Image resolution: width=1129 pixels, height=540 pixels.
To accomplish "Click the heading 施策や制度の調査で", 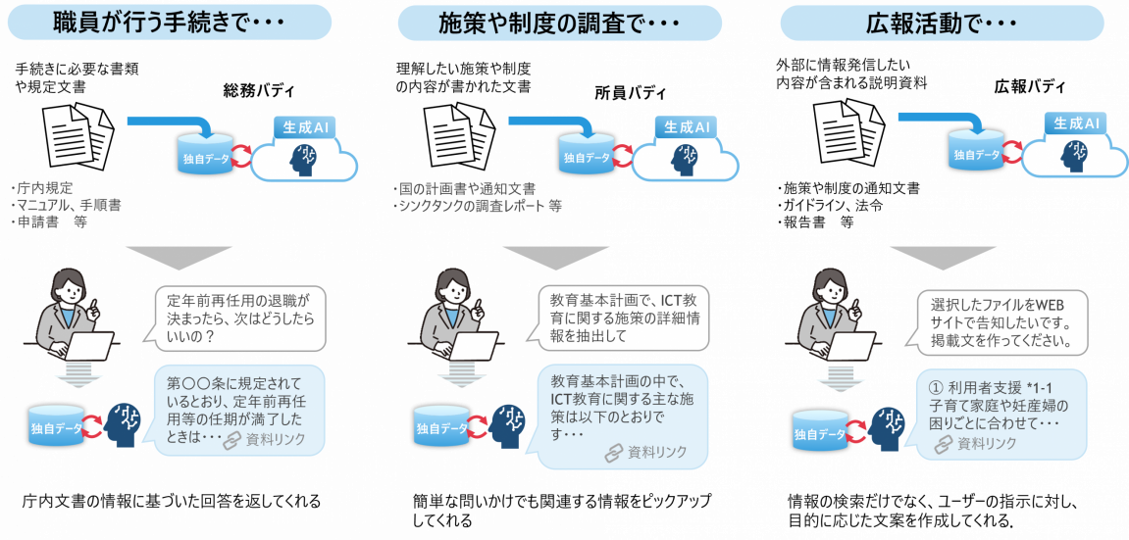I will [559, 23].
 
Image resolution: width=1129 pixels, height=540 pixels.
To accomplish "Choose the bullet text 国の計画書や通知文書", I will [461, 188].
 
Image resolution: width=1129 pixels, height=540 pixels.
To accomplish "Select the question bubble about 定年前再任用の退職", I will [238, 319].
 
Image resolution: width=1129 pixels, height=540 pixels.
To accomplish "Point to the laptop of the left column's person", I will [89, 347].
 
